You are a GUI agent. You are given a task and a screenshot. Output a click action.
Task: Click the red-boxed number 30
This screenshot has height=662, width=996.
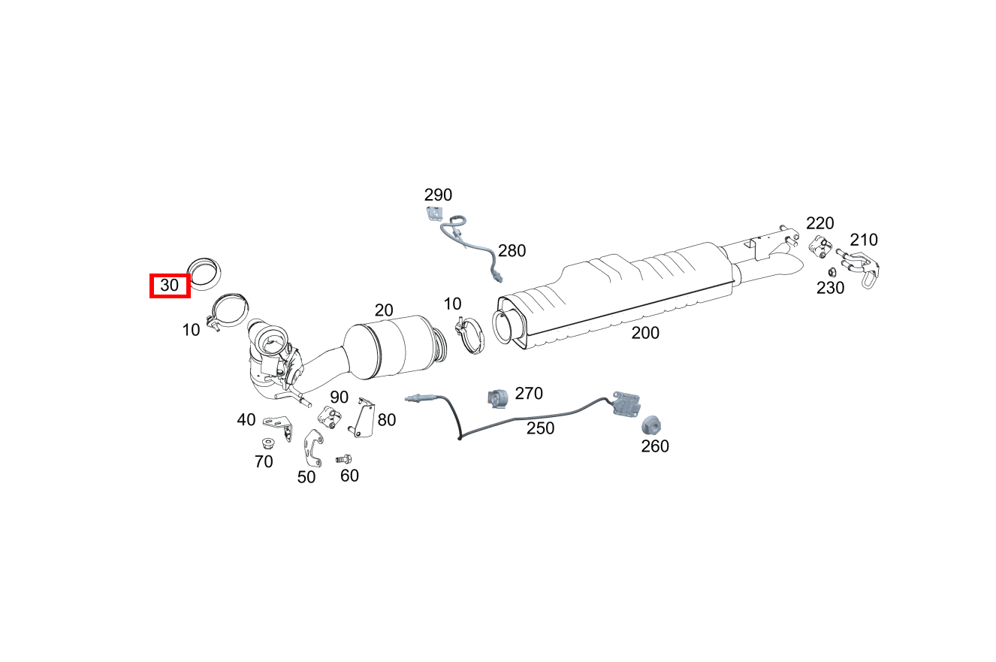coord(170,286)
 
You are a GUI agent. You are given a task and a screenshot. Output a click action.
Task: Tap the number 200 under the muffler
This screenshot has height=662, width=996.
coord(645,333)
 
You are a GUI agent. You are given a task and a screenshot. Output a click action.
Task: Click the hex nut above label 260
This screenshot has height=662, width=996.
coord(651,426)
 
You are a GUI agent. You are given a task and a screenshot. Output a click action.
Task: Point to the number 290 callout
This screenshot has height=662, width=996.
coord(438,195)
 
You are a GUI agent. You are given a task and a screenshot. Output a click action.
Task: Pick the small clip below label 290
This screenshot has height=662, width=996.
coord(434,214)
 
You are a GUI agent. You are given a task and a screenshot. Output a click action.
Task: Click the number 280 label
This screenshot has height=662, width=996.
coord(512,251)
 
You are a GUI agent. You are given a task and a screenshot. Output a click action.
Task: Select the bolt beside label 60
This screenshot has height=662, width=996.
coord(344,458)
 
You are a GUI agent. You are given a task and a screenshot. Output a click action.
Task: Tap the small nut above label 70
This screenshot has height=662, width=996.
coord(267,443)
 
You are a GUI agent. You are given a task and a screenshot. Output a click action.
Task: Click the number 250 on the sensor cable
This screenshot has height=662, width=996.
coord(540,428)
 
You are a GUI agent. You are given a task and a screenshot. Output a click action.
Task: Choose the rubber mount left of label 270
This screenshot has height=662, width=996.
coord(497,398)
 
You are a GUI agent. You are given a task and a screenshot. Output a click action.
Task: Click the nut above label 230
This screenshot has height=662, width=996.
coord(832,272)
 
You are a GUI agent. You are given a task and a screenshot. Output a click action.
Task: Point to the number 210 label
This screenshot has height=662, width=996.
coord(864,240)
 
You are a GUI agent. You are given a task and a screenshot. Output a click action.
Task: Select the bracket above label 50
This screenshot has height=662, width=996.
coord(313,446)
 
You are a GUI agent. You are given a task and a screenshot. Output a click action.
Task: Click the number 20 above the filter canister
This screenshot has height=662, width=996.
coord(384,310)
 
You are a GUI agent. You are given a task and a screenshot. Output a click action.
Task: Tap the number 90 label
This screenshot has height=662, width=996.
coord(339,398)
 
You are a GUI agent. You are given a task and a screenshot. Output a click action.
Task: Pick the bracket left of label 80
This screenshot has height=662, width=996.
coord(362,418)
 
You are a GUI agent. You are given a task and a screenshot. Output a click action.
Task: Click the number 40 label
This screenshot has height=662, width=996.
coord(246,419)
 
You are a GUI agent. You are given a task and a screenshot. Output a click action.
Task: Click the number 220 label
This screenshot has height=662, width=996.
coord(820,223)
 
